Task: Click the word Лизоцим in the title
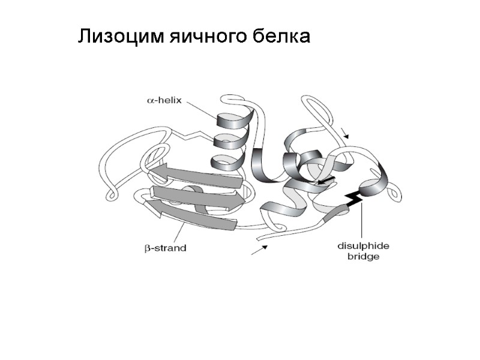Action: (x=113, y=38)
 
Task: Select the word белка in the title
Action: (x=281, y=38)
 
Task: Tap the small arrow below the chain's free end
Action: (x=259, y=249)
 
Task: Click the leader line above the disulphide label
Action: (x=362, y=222)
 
